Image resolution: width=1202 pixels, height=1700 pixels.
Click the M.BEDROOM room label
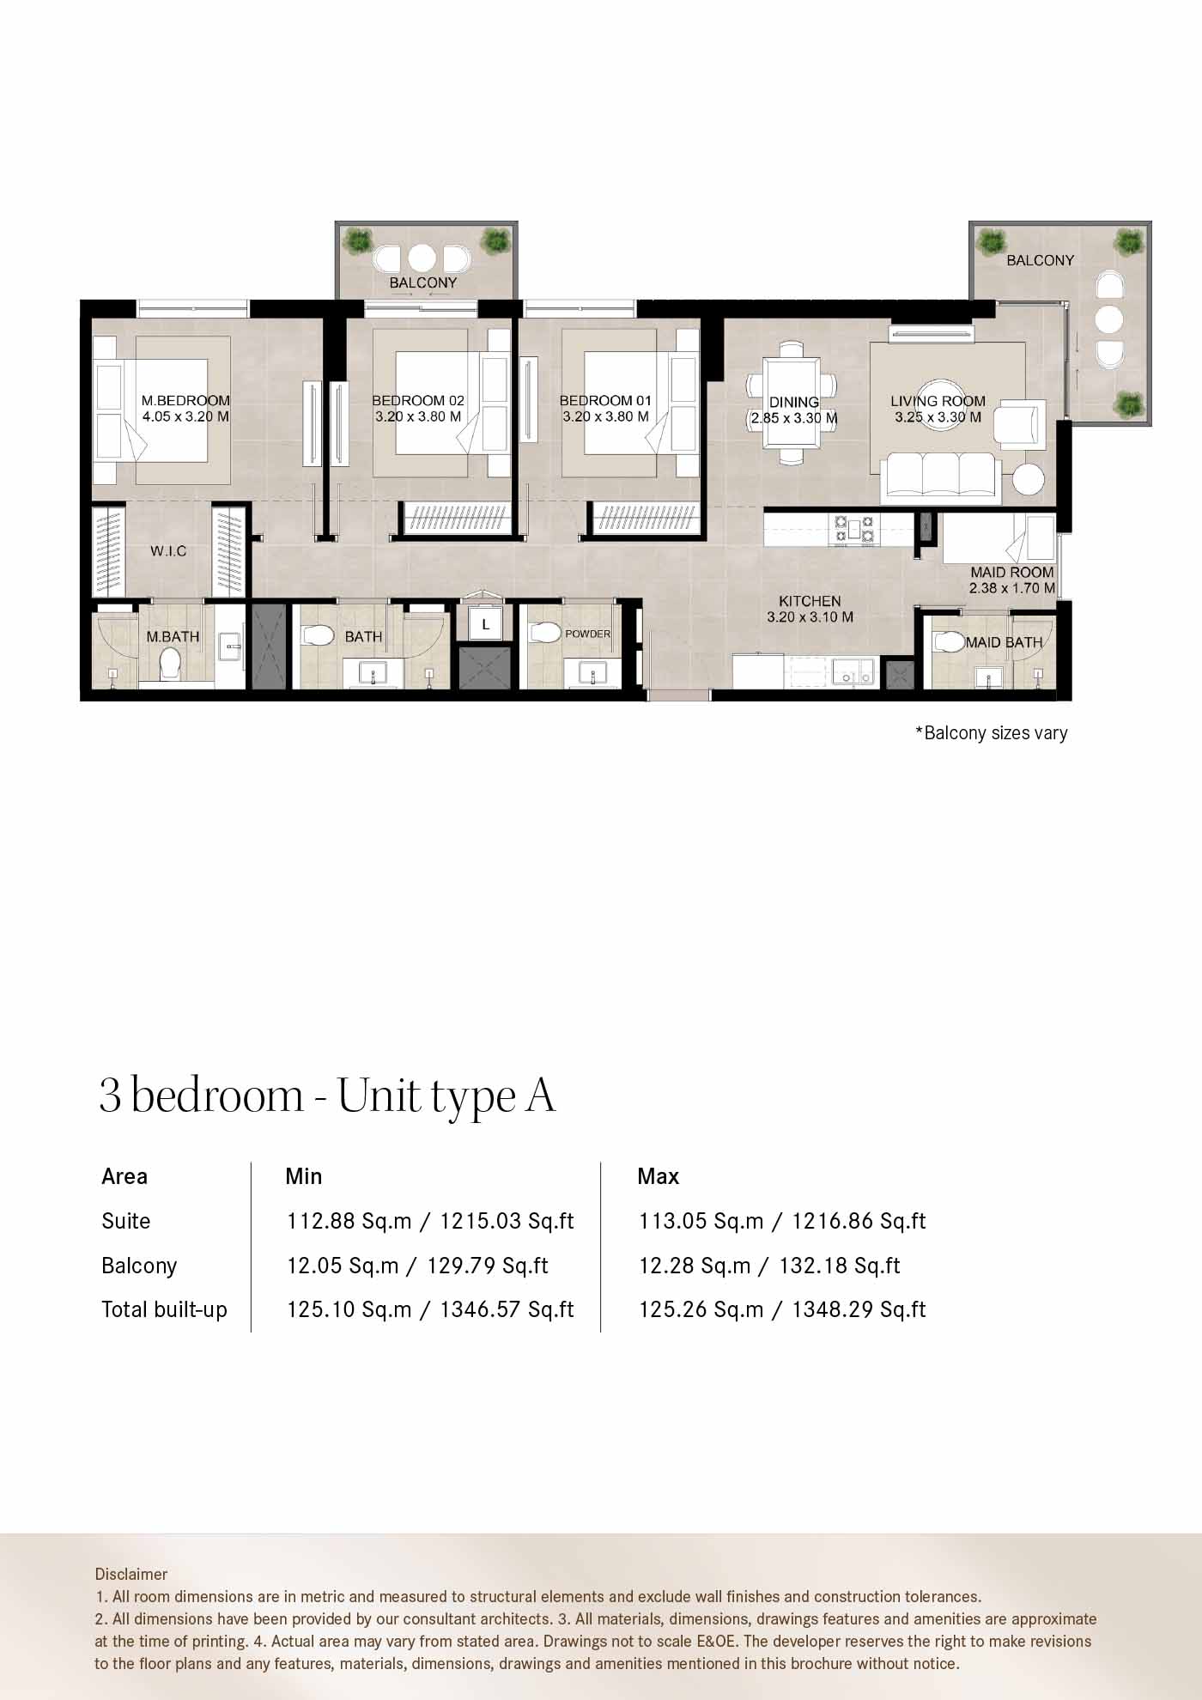click(185, 400)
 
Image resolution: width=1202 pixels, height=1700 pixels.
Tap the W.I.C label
click(168, 551)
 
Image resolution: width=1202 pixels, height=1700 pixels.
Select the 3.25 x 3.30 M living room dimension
click(938, 417)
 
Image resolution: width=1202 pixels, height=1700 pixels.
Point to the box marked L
click(485, 624)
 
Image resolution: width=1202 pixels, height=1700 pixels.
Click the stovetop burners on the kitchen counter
click(853, 530)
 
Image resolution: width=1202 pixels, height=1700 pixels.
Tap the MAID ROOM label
click(1011, 572)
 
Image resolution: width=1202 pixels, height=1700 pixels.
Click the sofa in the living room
click(940, 477)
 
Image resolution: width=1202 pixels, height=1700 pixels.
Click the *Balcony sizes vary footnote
click(992, 733)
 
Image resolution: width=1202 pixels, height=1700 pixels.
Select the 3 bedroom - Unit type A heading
click(327, 1096)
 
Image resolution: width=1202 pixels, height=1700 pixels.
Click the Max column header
click(658, 1176)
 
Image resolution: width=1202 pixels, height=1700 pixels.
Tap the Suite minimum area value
click(430, 1221)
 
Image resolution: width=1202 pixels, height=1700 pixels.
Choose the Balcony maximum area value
click(769, 1266)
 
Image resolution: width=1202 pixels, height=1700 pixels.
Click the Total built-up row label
click(164, 1309)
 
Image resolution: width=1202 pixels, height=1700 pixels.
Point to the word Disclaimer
click(131, 1574)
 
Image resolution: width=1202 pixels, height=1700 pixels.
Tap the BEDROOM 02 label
click(418, 400)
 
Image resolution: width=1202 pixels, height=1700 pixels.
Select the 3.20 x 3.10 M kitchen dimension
click(810, 617)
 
